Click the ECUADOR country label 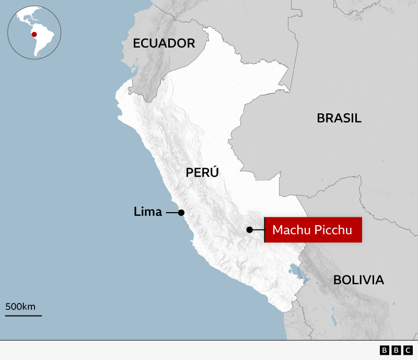tap(164, 43)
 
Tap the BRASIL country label tap(339, 118)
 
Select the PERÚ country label tap(202, 172)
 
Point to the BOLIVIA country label tap(358, 280)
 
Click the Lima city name tap(148, 212)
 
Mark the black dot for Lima tap(181, 213)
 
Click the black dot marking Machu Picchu tap(250, 229)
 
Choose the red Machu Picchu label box tap(313, 230)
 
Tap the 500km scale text tap(20, 306)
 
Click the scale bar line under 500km tap(24, 315)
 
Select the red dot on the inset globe tap(34, 35)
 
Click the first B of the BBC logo tap(384, 350)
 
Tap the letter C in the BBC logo tap(407, 350)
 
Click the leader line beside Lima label tap(171, 213)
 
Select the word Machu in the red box tap(290, 230)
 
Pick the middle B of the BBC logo tap(396, 350)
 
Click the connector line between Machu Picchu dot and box tap(258, 229)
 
